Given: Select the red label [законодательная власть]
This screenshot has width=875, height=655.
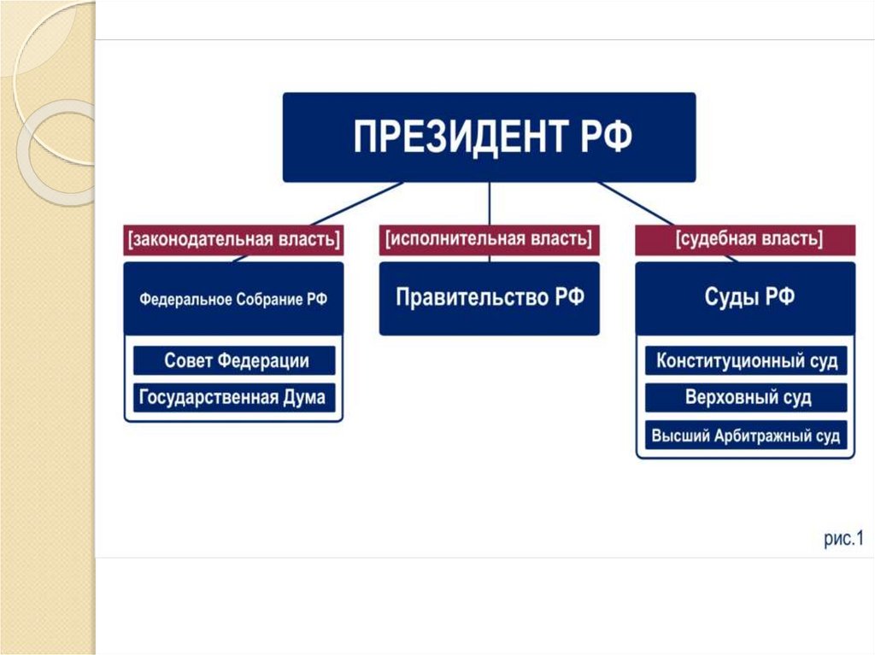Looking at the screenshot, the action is click(x=233, y=240).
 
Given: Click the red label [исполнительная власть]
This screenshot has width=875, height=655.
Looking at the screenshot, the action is click(x=489, y=240).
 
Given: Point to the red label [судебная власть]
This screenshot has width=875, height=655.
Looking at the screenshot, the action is click(x=744, y=240).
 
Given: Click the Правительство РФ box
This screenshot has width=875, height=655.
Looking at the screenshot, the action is click(x=489, y=299).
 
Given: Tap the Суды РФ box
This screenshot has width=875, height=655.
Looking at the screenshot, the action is click(x=745, y=299).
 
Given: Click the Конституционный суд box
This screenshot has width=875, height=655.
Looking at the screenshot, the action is click(x=745, y=360).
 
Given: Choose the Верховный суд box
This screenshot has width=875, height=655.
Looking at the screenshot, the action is click(x=745, y=398).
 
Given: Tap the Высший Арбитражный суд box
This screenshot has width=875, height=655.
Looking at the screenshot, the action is click(x=745, y=436).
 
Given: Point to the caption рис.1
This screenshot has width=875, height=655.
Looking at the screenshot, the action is click(x=844, y=539).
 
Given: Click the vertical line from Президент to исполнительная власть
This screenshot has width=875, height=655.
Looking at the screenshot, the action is click(x=489, y=205).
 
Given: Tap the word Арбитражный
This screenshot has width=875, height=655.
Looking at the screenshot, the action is click(x=753, y=436).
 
